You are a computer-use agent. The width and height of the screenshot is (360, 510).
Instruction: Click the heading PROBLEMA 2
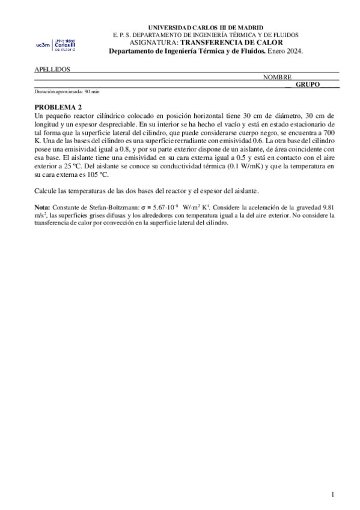[x=58, y=107]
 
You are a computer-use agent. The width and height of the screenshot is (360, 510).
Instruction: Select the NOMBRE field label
[x=277, y=78]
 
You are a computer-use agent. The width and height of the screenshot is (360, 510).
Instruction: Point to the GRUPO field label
[x=307, y=85]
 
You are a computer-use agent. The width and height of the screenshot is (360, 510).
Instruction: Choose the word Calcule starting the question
[x=46, y=191]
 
